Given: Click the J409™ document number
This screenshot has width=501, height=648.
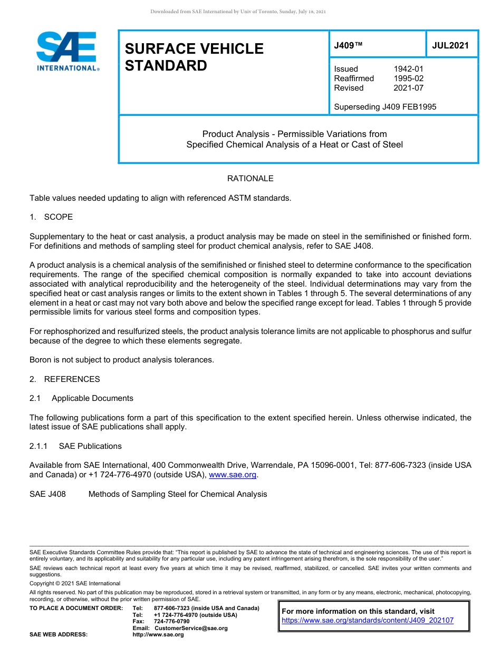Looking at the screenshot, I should (348, 45).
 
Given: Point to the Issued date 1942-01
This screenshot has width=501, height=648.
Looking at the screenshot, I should (408, 69).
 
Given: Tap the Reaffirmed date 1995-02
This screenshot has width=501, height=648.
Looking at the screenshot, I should (408, 78).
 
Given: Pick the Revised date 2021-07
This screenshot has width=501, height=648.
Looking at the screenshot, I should (408, 88).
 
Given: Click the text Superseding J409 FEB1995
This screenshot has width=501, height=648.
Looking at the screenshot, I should (385, 107).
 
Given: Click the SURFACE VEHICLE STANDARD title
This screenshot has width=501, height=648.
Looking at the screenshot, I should (194, 57).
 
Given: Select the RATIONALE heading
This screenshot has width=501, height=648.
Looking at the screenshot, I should (250, 179).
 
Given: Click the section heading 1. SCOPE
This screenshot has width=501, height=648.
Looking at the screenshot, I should (51, 217).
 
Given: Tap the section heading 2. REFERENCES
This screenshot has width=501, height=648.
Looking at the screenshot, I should (64, 379).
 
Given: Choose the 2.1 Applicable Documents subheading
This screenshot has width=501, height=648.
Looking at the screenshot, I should (81, 398).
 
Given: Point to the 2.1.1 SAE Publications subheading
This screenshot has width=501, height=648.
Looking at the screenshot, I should (75, 446).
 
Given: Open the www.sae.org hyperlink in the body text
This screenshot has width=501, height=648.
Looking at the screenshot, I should (233, 475).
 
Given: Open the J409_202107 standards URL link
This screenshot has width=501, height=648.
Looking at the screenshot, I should (368, 621).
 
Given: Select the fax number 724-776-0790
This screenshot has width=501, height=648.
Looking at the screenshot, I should (171, 622).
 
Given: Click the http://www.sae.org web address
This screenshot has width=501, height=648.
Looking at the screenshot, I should (158, 634).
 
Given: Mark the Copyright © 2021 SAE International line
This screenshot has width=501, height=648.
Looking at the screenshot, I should (75, 583).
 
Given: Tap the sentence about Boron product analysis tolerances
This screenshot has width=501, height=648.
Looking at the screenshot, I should (121, 360).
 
